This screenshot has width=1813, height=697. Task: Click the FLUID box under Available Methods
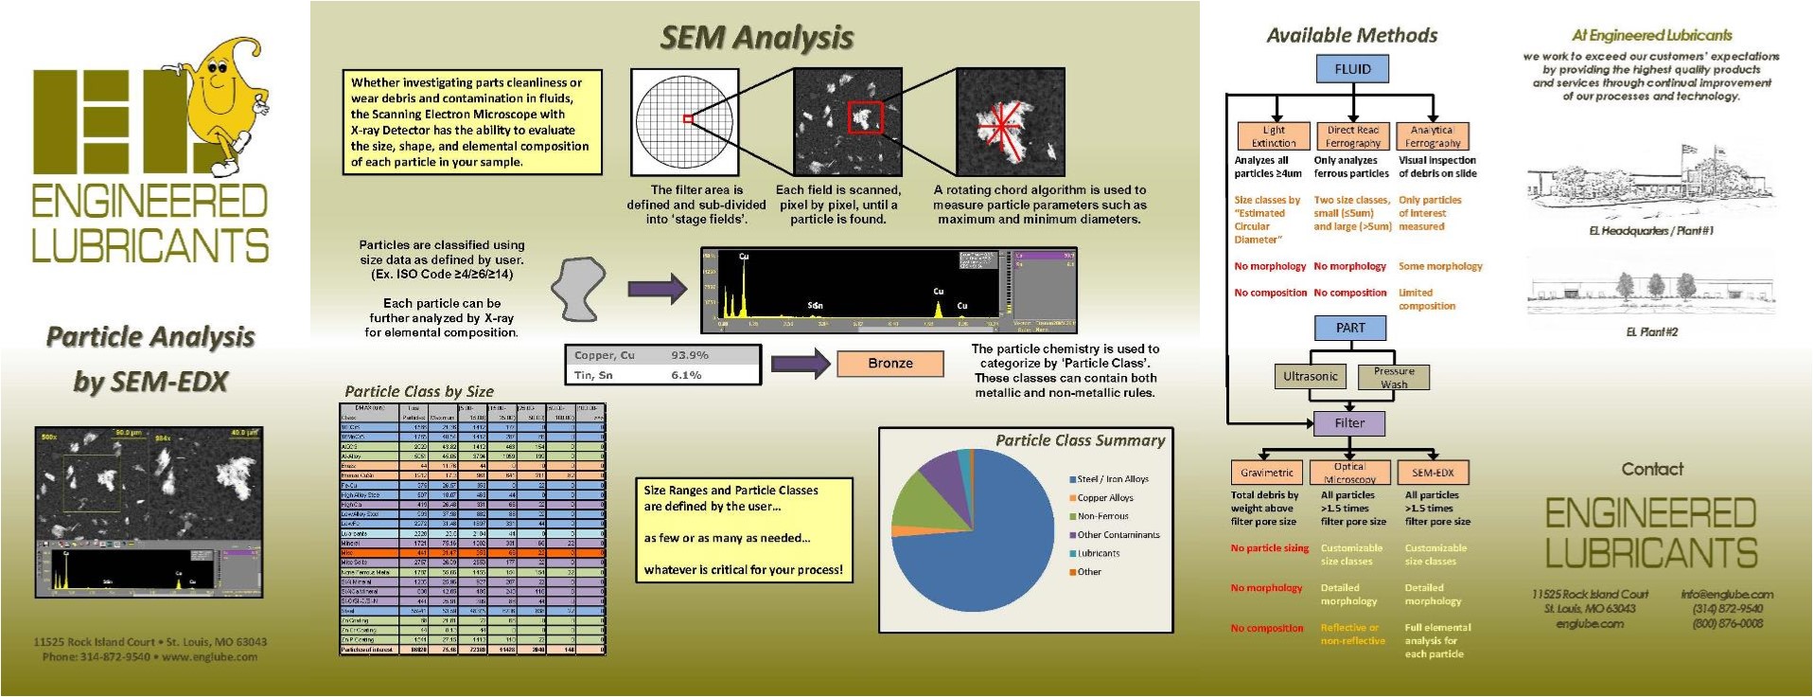pos(1352,69)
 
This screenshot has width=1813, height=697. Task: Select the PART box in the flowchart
pos(1350,328)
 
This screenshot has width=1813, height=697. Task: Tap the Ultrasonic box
pos(1310,377)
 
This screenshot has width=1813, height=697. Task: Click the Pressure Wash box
pos(1394,378)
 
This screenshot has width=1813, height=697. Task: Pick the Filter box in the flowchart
pos(1349,423)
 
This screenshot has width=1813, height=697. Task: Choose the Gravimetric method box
pos(1267,473)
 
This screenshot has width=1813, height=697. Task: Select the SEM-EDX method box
pos(1433,473)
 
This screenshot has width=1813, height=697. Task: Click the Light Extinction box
pos(1274,136)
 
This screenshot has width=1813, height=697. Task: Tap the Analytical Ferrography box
pos(1433,136)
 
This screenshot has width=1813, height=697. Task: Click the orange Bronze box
pos(890,364)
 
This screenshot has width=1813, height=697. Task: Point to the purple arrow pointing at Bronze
pos(800,364)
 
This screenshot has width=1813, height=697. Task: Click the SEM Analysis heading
pos(756,38)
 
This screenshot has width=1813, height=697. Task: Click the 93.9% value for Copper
pos(690,355)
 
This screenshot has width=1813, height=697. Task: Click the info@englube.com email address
pos(1727,595)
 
